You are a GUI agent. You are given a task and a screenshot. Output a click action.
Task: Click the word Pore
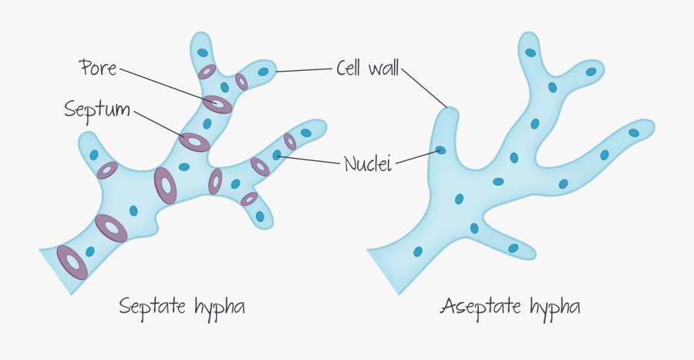tap(97, 68)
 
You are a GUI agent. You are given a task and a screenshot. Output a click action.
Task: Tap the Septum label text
tap(98, 109)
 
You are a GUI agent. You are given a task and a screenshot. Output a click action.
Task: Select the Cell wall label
tap(367, 68)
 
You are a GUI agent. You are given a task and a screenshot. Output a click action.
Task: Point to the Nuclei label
tap(368, 163)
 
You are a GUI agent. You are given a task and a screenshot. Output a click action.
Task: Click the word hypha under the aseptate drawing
tap(554, 308)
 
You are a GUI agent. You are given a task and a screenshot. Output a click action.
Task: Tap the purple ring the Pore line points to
tap(217, 104)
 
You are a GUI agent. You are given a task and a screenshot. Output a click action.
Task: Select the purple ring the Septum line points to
tap(194, 142)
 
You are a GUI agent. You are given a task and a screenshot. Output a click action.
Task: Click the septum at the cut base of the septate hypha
tap(72, 262)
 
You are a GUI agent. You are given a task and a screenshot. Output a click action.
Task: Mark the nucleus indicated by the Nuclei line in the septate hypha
tap(276, 156)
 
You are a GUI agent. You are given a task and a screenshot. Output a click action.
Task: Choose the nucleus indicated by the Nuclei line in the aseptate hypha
tap(440, 150)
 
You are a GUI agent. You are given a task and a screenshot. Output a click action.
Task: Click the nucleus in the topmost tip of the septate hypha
tap(202, 52)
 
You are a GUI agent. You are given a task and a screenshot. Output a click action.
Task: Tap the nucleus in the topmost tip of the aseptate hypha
tap(531, 52)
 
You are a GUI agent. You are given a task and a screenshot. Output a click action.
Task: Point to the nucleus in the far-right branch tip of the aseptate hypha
tap(634, 133)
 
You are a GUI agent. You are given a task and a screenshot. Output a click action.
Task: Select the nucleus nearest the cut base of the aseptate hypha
tap(417, 251)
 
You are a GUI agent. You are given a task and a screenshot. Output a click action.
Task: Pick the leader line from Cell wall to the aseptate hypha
tap(425, 86)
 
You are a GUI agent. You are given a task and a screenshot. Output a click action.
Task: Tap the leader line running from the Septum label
tap(158, 125)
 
